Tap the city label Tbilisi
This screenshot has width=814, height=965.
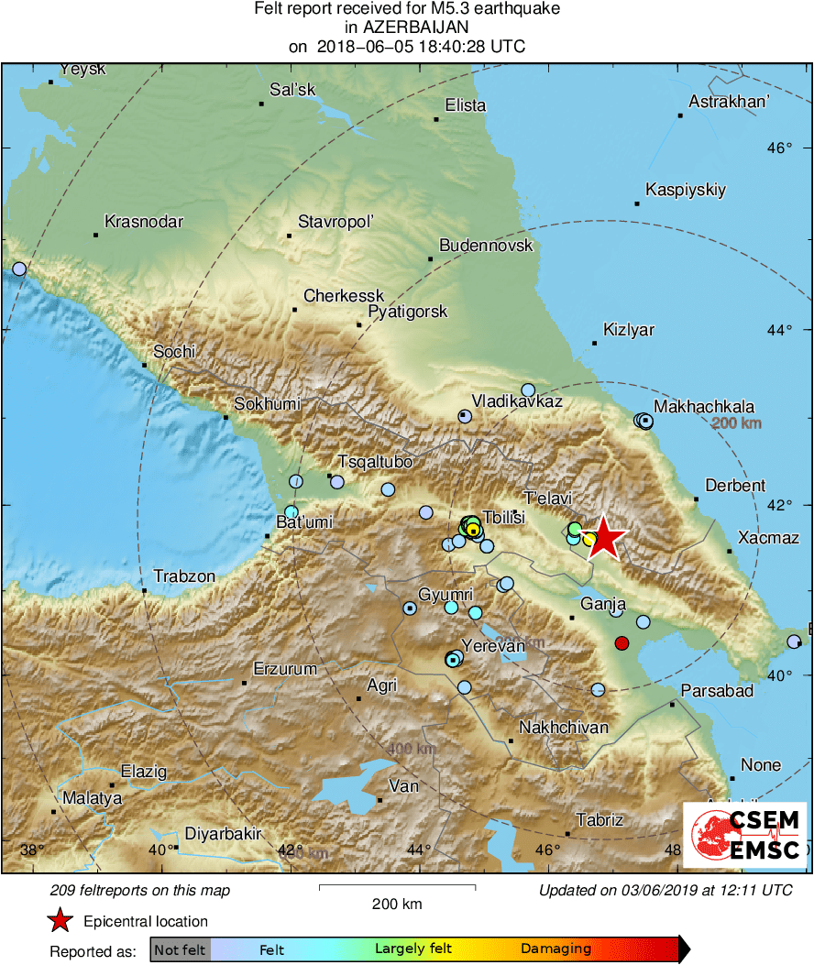(x=503, y=518)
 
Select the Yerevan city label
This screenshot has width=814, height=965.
(x=494, y=646)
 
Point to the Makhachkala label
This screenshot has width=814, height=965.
(x=704, y=407)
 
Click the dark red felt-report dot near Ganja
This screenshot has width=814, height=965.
(x=621, y=643)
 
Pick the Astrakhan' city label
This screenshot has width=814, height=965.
(x=729, y=102)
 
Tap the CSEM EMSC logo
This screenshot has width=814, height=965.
(x=744, y=834)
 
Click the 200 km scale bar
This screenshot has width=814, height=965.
(x=397, y=888)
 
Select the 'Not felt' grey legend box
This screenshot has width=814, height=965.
(x=181, y=949)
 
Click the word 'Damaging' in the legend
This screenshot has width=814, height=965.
(x=556, y=949)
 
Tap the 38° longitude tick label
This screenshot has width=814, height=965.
(x=32, y=850)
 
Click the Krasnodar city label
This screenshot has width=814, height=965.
(x=144, y=222)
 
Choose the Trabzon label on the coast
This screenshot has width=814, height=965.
(x=184, y=576)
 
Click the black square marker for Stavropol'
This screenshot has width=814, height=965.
(x=289, y=236)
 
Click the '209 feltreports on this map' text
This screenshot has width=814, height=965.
(x=140, y=890)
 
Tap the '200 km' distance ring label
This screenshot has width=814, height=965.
(x=737, y=423)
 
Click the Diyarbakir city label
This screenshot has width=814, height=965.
(x=224, y=834)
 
